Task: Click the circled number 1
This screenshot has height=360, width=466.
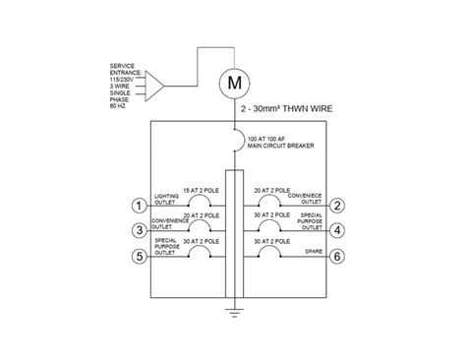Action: pyautogui.click(x=140, y=206)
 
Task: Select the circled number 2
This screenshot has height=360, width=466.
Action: pyautogui.click(x=337, y=206)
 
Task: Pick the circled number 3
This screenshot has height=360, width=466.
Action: pyautogui.click(x=140, y=230)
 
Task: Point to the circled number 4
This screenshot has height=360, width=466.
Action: pyautogui.click(x=337, y=230)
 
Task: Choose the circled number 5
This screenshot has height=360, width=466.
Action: pyautogui.click(x=140, y=256)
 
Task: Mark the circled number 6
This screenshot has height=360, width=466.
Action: pyautogui.click(x=337, y=256)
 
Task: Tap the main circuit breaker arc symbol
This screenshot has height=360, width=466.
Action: pyautogui.click(x=236, y=144)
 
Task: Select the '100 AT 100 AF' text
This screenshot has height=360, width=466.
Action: pyautogui.click(x=267, y=139)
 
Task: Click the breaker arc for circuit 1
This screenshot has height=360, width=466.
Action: pyautogui.click(x=200, y=204)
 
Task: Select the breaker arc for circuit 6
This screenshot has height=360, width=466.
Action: pyautogui.click(x=267, y=254)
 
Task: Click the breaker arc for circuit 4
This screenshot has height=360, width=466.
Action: pyautogui.click(x=267, y=228)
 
